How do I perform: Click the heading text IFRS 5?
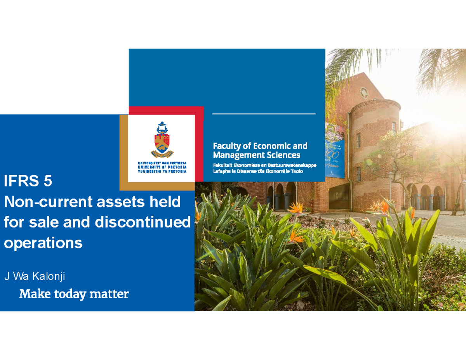pyautogui.click(x=28, y=181)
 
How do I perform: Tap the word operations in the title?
pyautogui.click(x=43, y=243)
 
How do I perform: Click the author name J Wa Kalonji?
pyautogui.click(x=35, y=277)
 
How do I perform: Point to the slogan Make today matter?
pyautogui.click(x=74, y=294)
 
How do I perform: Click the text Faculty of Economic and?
pyautogui.click(x=260, y=146)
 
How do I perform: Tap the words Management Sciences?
pyautogui.click(x=256, y=155)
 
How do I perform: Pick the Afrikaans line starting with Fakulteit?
pyautogui.click(x=264, y=165)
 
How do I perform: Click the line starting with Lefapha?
pyautogui.click(x=258, y=171)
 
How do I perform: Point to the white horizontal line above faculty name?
pyautogui.click(x=264, y=114)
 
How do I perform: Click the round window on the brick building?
pyautogui.click(x=364, y=93)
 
